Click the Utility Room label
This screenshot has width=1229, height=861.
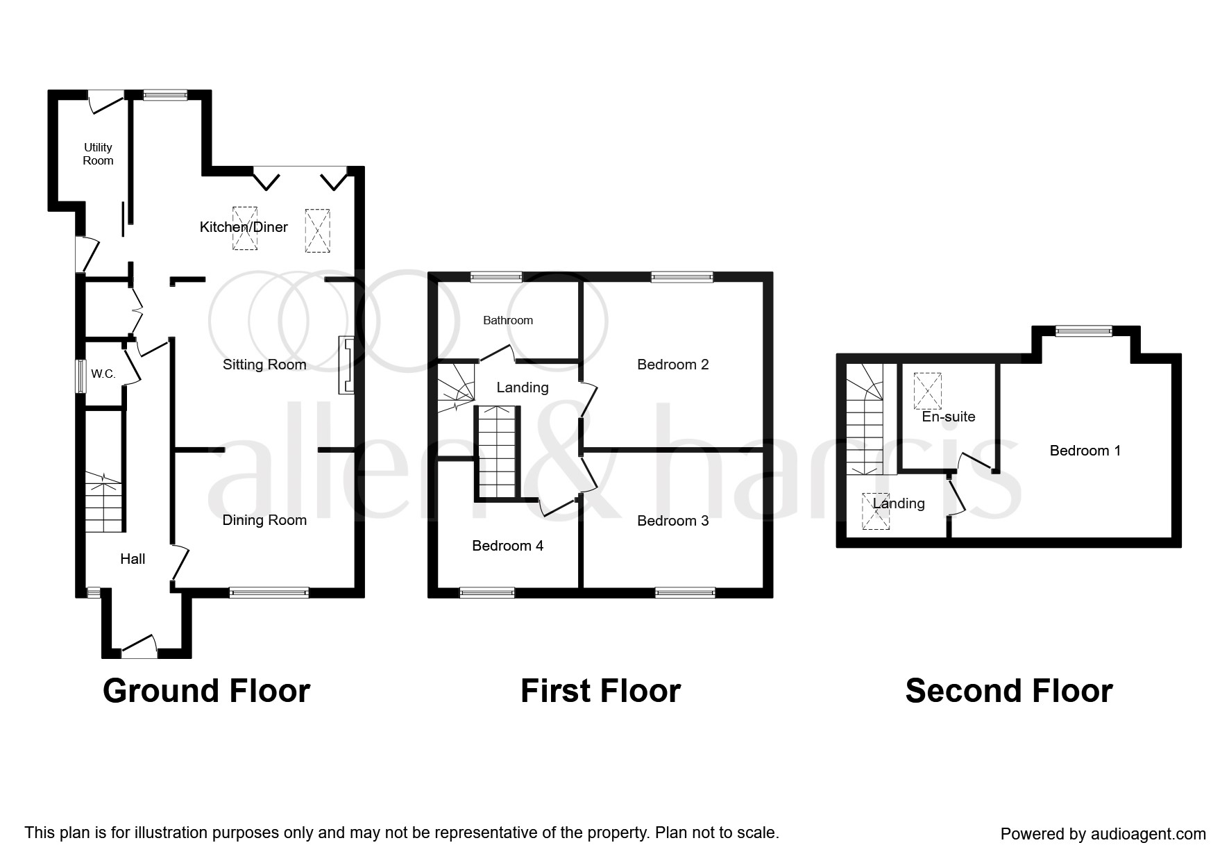[x=98, y=153]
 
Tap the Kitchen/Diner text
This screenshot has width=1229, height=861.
[x=244, y=227]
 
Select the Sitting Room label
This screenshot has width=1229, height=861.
[x=264, y=365]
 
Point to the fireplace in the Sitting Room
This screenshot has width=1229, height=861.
[x=346, y=365]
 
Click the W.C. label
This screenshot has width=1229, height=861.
[x=103, y=374]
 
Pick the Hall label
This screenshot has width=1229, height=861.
[x=133, y=559]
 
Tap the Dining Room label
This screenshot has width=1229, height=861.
[x=264, y=520]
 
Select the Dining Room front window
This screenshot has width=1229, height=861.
[x=269, y=592]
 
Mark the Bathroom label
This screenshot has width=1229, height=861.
[x=508, y=320]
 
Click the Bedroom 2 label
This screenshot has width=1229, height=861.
[x=673, y=365]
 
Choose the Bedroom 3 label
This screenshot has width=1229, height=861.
[x=673, y=521]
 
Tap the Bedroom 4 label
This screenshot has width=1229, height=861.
[x=507, y=546]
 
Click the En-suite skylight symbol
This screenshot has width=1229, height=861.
[x=928, y=391]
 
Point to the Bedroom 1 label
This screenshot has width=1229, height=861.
[x=1085, y=451]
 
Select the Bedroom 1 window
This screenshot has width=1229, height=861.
[x=1083, y=331]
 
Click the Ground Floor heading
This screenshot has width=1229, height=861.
[x=206, y=692]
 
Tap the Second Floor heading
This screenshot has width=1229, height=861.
[x=1009, y=692]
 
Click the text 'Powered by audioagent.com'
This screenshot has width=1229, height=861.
[x=1103, y=834]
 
